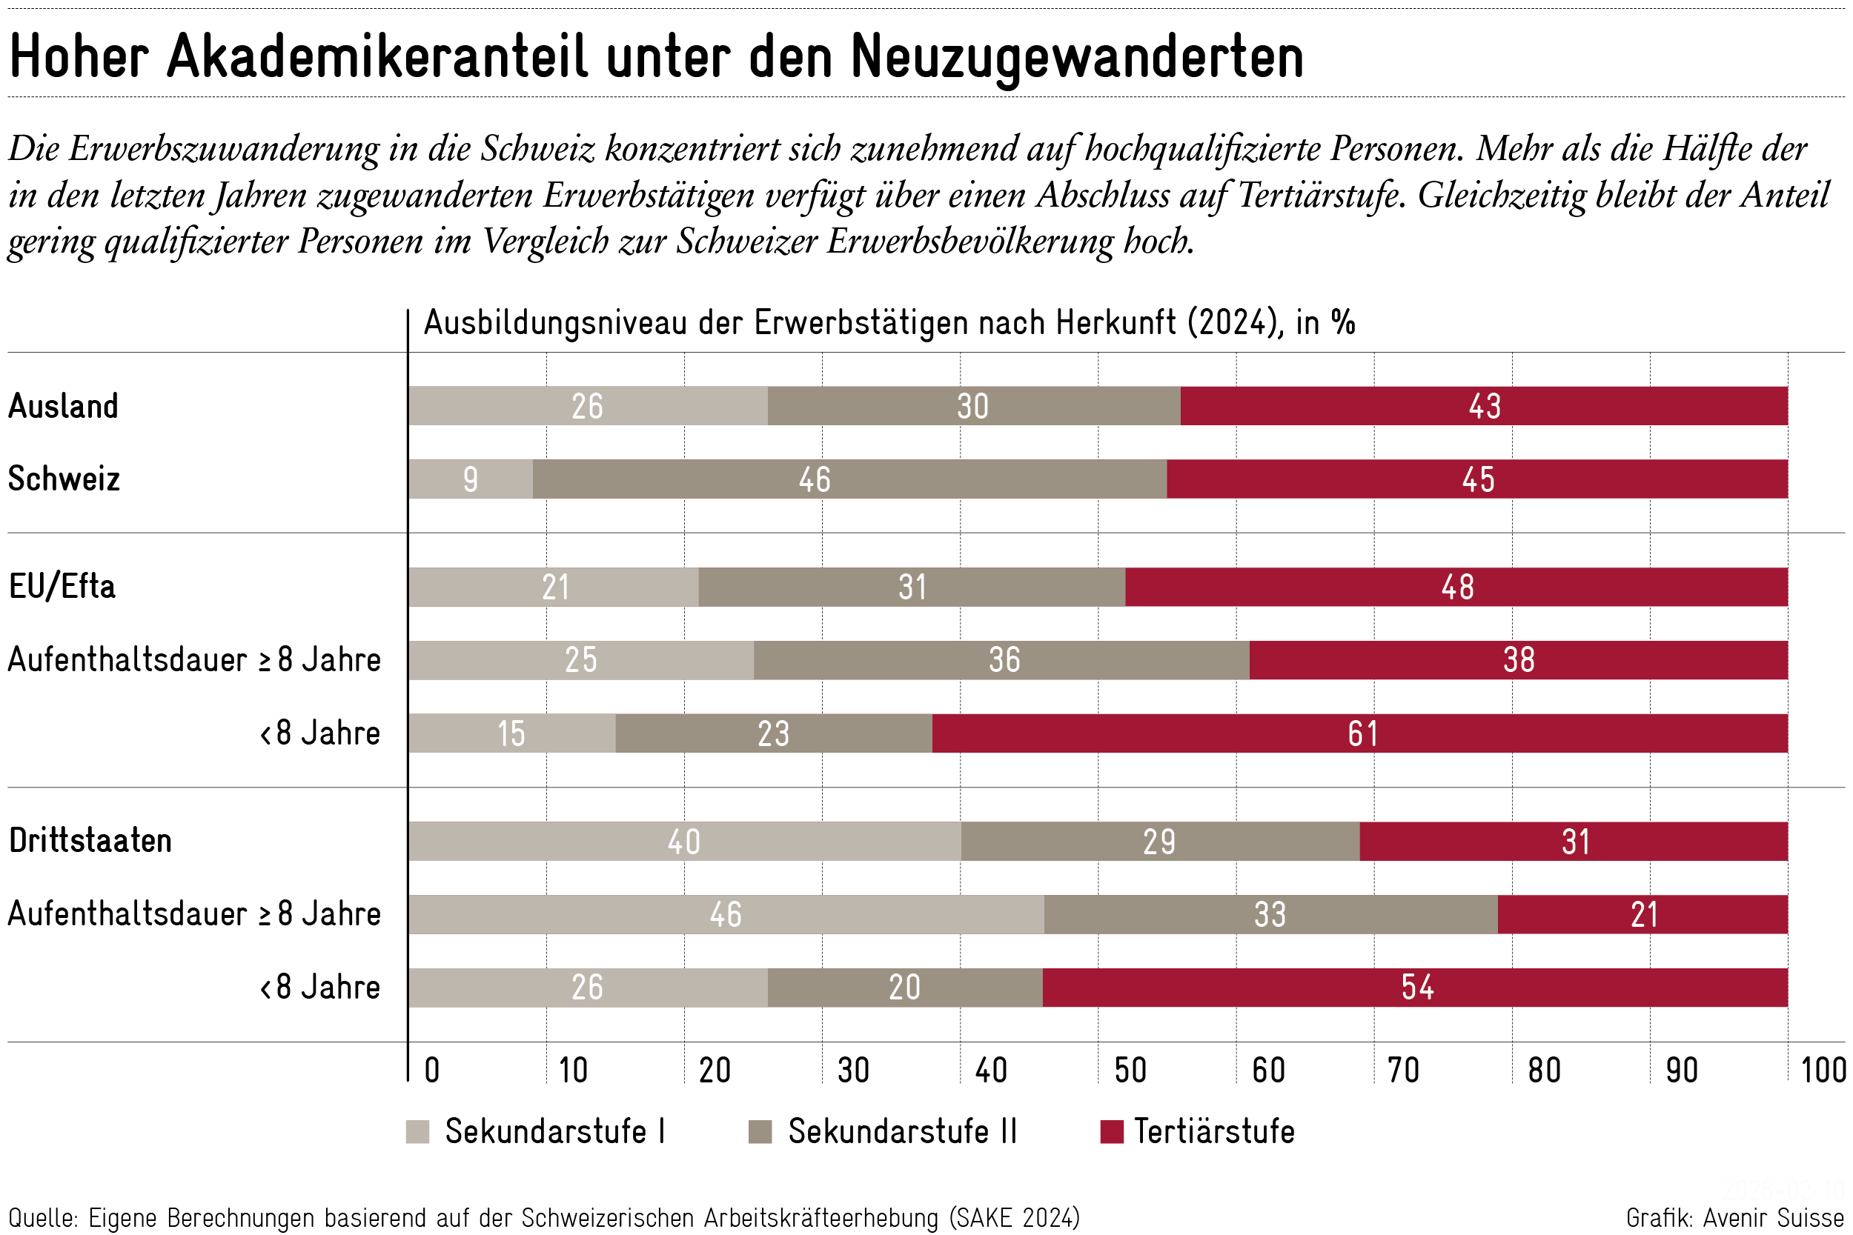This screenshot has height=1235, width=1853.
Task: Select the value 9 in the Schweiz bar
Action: pos(471,479)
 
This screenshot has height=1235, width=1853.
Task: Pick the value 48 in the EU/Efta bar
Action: pos(1456,587)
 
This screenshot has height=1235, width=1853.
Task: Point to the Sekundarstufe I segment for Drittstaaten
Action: pos(684,841)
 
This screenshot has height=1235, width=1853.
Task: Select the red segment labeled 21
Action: pos(1642,914)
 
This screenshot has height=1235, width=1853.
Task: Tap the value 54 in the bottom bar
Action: pos(1416,988)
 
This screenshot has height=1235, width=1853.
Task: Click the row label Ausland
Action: pos(63,407)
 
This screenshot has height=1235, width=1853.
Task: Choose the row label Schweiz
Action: pos(64,479)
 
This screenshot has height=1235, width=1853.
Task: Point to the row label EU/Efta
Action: pos(62,587)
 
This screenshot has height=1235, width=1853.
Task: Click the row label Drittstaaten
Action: pos(90,841)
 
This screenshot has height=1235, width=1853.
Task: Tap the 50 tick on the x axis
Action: pos(1130,1071)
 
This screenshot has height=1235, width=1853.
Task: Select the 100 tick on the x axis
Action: pos(1823,1071)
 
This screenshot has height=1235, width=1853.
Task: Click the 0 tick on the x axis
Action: pos(431,1071)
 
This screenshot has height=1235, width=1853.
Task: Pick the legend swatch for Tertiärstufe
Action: pos(1111,1132)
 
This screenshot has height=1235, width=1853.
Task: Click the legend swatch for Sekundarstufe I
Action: pos(417,1132)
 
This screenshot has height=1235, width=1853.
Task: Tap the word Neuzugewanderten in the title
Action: pos(1077,57)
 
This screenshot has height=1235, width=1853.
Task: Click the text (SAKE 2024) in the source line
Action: pos(1014,1218)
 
